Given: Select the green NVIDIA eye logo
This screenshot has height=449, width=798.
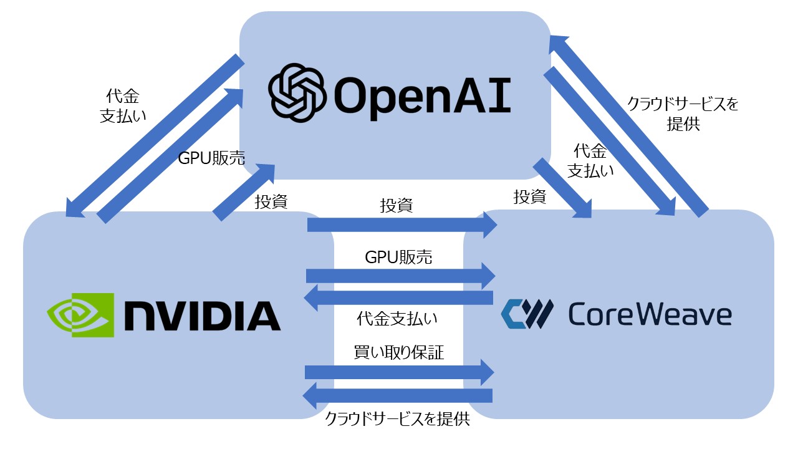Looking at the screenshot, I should [80, 315].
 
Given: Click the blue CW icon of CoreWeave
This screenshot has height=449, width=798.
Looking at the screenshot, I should [527, 314].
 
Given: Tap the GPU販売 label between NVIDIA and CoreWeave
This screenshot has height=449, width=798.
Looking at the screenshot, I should [398, 258].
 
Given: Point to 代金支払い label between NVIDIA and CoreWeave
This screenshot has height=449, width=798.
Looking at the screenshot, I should [397, 319].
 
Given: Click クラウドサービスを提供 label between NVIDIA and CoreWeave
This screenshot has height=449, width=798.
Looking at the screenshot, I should [397, 419].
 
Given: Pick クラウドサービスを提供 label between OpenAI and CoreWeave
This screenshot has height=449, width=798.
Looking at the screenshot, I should [683, 114].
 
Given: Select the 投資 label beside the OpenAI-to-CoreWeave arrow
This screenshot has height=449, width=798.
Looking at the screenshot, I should [529, 197].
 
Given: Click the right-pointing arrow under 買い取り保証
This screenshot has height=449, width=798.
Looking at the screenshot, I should [399, 372].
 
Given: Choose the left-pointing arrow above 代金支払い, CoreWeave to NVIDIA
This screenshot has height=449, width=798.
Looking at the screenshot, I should [398, 297].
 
